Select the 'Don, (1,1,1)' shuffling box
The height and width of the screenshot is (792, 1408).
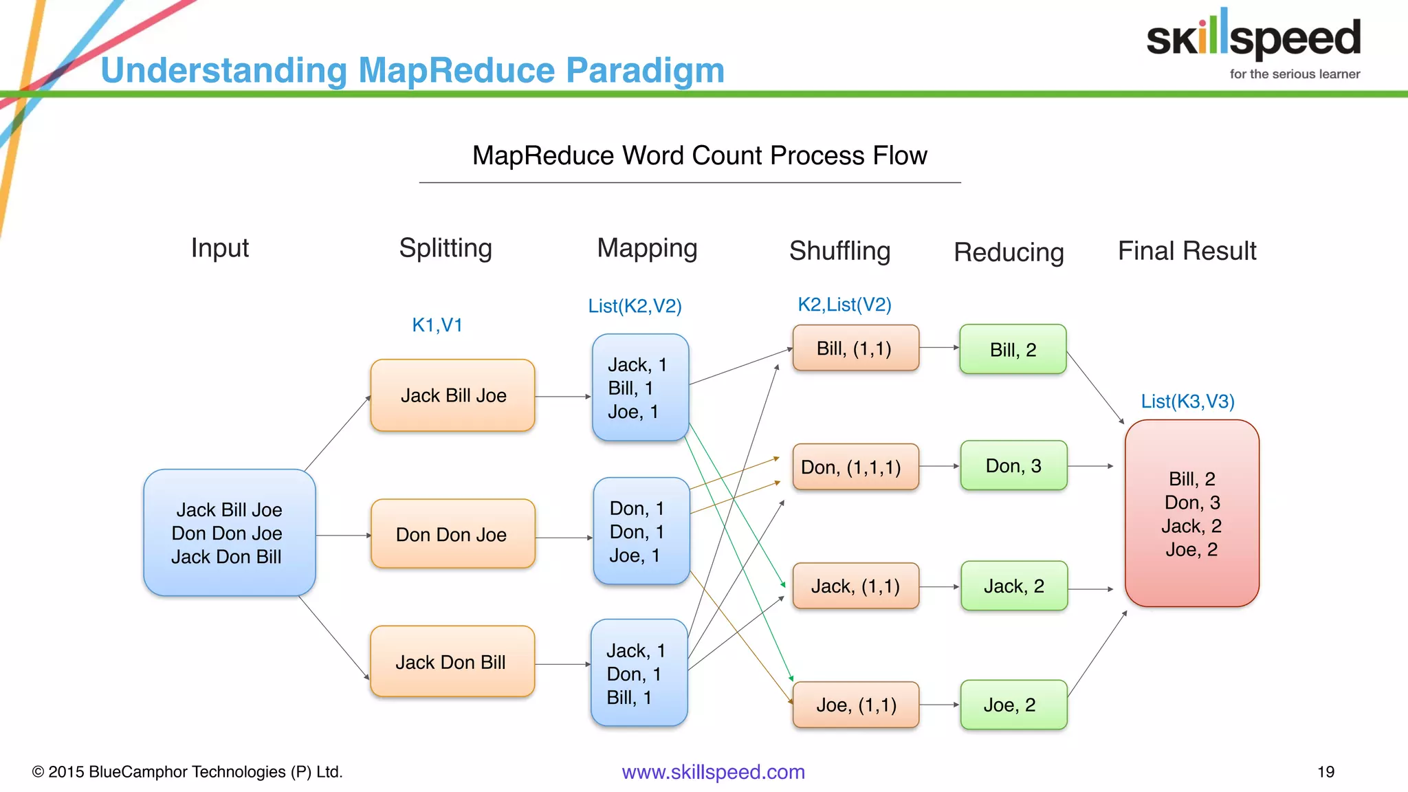(855, 467)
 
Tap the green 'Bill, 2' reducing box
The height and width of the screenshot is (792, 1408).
(1013, 349)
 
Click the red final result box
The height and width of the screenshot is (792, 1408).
(1191, 514)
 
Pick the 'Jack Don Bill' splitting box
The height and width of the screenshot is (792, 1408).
(452, 661)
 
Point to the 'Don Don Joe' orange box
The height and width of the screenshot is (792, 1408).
(452, 534)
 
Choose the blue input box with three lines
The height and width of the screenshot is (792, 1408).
(229, 533)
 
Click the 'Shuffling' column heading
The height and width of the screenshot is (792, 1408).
(839, 251)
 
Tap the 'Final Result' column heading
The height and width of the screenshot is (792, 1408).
(1187, 251)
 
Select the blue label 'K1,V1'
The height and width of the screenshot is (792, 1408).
(437, 325)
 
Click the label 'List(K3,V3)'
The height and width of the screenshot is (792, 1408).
(1187, 401)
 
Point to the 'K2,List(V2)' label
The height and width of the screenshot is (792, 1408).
(844, 305)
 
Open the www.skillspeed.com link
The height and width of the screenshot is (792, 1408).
(713, 771)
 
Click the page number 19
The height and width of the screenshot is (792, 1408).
(1325, 771)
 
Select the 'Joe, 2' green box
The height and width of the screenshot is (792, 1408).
(1013, 705)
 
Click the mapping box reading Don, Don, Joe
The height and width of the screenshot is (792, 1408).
(640, 531)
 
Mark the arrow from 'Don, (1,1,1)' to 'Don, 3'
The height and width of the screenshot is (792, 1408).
(939, 466)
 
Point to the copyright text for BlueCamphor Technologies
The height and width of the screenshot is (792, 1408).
(187, 771)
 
